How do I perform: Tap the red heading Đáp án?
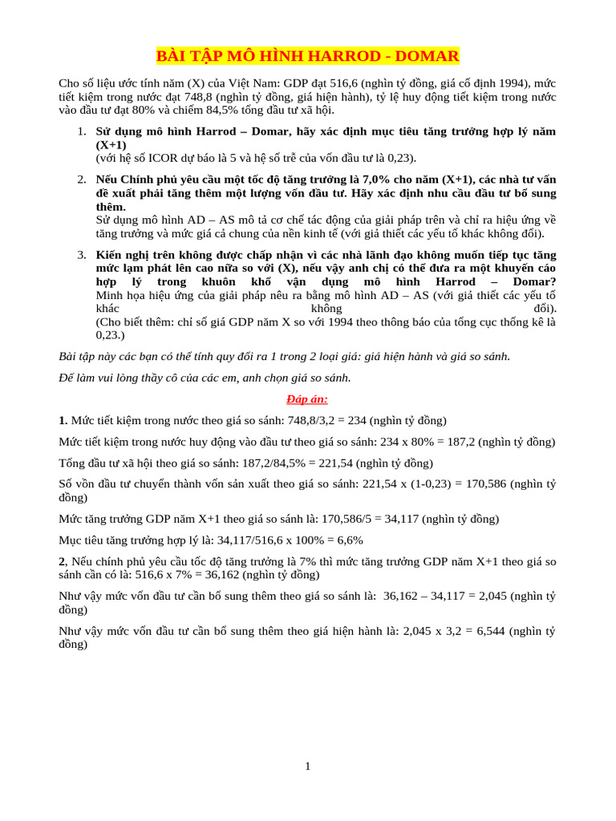[x=308, y=399]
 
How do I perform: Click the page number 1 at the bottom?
[x=308, y=766]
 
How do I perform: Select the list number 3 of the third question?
[x=82, y=255]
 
